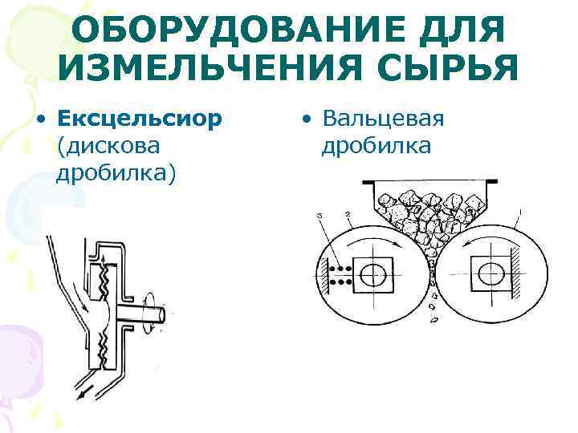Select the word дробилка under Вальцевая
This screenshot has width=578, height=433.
(x=377, y=146)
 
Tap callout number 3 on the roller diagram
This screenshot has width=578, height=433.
(x=320, y=215)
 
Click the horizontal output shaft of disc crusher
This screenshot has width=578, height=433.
(x=152, y=312)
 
